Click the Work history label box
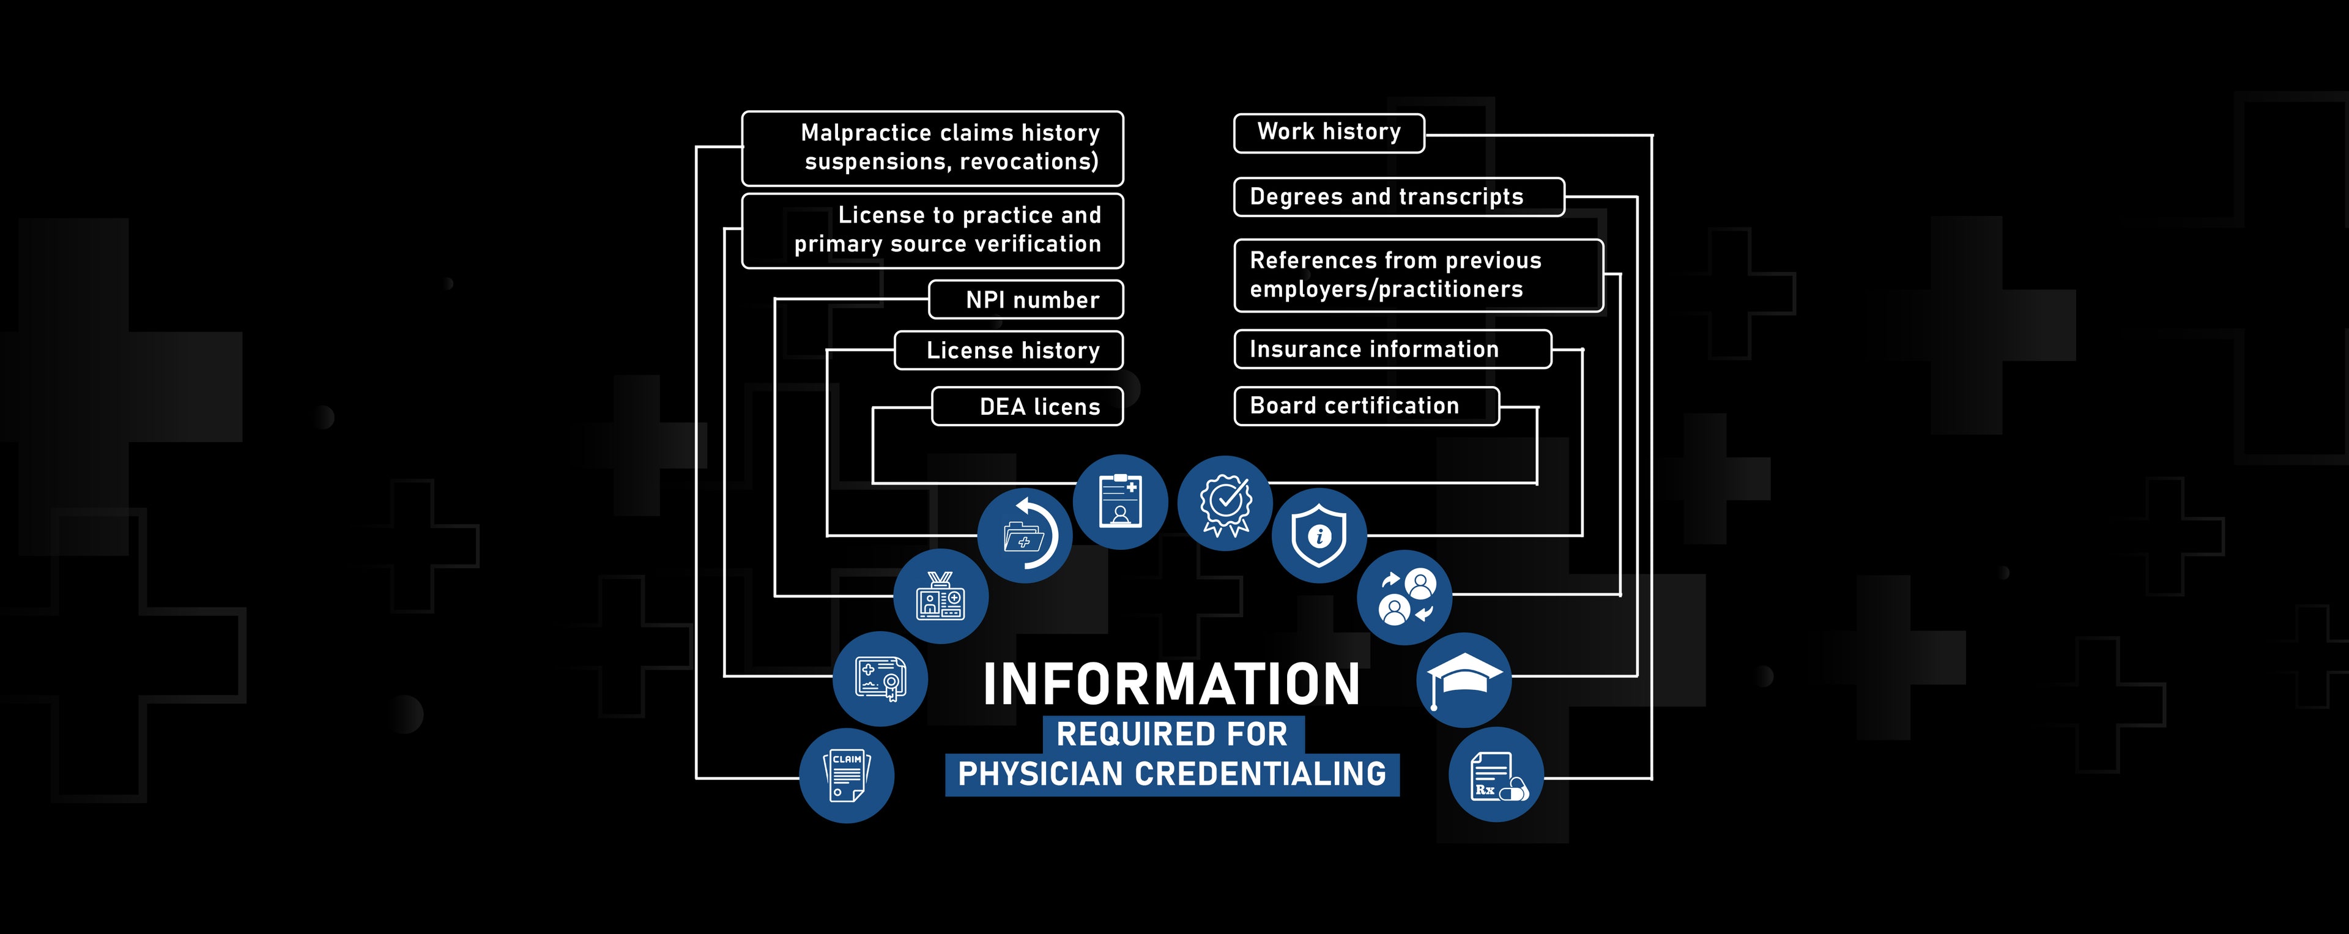(1329, 133)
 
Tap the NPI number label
(1026, 300)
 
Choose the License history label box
(1009, 350)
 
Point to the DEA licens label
(1028, 407)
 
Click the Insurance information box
(1392, 349)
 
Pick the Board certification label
(1366, 406)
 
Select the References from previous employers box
(1418, 275)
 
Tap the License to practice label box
(932, 231)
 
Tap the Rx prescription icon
(1496, 776)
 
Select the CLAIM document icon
(846, 776)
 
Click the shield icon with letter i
(1319, 535)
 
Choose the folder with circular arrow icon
(1025, 535)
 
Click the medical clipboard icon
(1120, 502)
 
